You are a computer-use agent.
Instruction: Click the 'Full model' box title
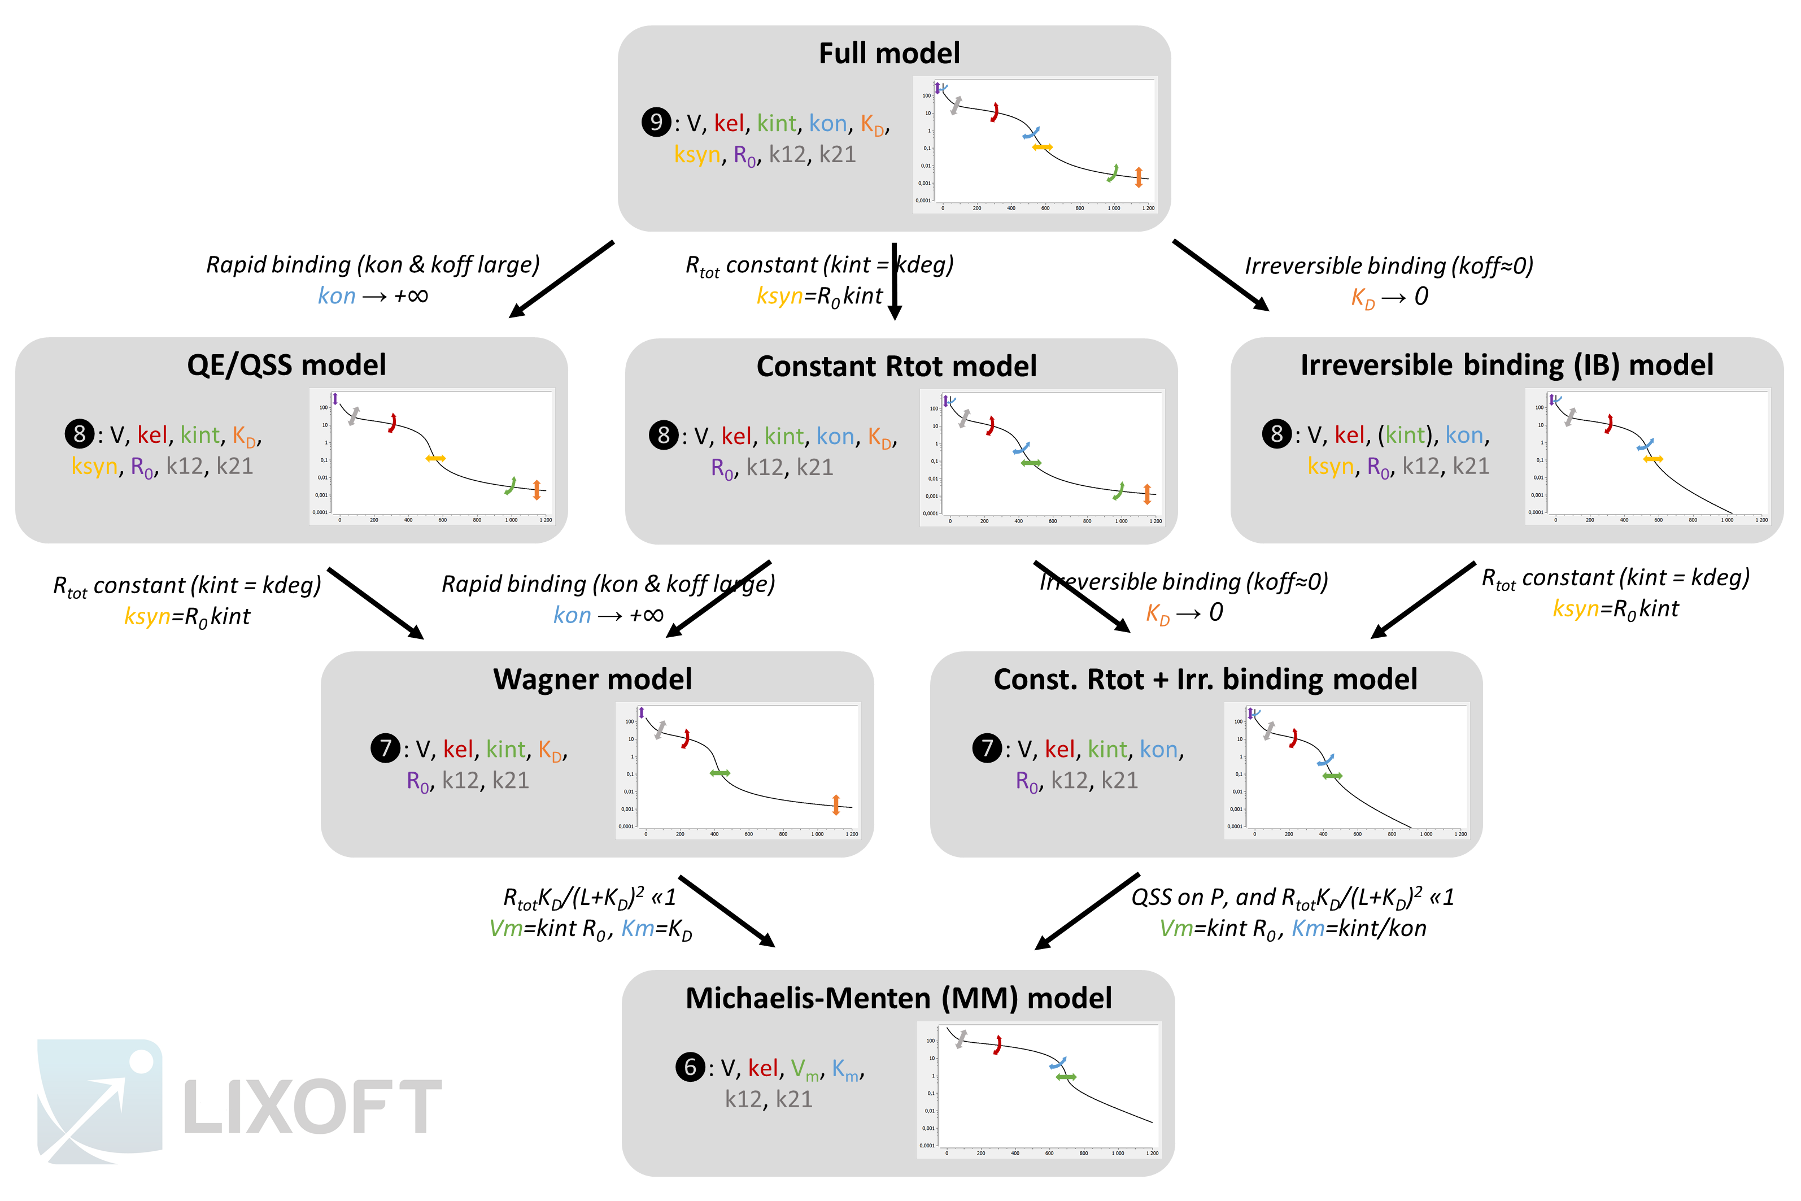pyautogui.click(x=888, y=53)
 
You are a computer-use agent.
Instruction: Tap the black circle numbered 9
pyautogui.click(x=656, y=123)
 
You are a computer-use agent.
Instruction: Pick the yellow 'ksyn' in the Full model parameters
pyautogui.click(x=696, y=155)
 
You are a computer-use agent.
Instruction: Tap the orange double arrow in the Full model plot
pyautogui.click(x=1139, y=177)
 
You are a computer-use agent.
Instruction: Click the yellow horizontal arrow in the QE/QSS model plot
pyautogui.click(x=435, y=458)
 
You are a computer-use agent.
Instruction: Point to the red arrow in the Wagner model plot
pyautogui.click(x=686, y=738)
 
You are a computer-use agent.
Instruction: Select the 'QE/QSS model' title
pyautogui.click(x=286, y=364)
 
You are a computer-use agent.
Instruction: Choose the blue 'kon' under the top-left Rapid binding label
pyautogui.click(x=336, y=295)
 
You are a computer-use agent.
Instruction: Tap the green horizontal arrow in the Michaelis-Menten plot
pyautogui.click(x=1065, y=1077)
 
